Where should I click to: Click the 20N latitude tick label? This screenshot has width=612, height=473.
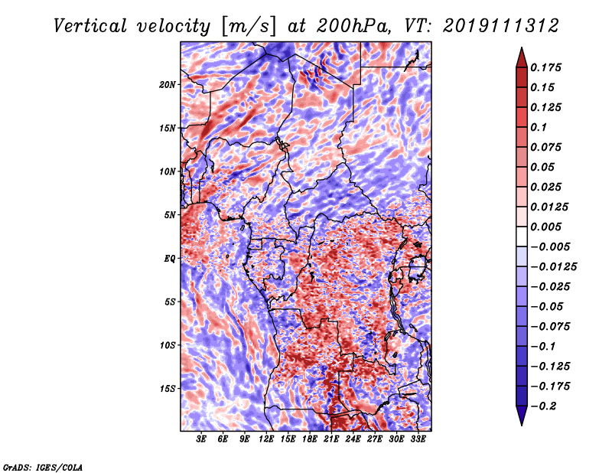click(168, 84)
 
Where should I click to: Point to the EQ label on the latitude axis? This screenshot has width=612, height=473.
click(170, 259)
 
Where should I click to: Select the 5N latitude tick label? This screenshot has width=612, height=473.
click(170, 215)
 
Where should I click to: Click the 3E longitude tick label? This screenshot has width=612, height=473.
click(201, 439)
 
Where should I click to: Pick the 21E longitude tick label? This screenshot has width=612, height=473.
click(331, 439)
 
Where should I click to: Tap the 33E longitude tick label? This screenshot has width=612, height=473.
click(418, 439)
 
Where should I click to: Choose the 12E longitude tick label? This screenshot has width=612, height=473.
click(266, 439)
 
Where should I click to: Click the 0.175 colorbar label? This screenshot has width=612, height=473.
click(545, 67)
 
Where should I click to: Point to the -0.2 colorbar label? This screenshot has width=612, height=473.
click(543, 406)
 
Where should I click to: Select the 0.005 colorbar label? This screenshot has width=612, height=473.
click(545, 227)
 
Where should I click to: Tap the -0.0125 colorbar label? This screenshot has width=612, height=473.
click(553, 267)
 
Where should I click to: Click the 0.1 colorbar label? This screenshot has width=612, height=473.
click(539, 127)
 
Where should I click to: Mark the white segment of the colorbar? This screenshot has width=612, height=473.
click(522, 236)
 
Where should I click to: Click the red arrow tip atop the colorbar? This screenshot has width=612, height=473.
click(522, 47)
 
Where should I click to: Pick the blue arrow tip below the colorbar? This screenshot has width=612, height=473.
click(522, 425)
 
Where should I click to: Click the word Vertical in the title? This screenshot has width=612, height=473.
click(90, 26)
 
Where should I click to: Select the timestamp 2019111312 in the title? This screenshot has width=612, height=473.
click(501, 26)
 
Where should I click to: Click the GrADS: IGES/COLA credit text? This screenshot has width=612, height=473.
click(43, 467)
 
